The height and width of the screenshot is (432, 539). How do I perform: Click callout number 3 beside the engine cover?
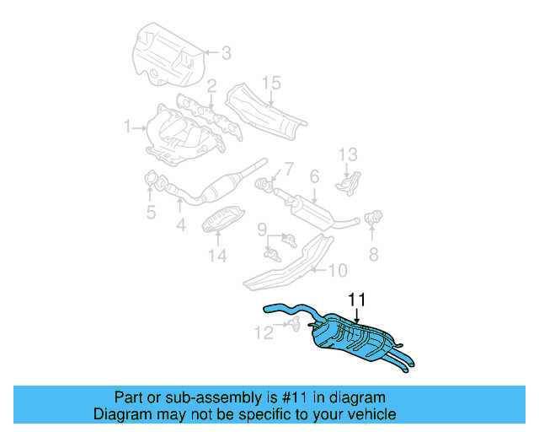tap(226, 53)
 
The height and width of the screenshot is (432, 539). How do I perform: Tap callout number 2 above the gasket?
tap(211, 85)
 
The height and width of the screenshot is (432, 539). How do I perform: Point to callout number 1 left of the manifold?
tap(128, 127)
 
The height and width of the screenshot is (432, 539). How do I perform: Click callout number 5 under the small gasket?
tap(151, 213)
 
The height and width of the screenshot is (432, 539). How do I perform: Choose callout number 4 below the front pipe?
tap(180, 225)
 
